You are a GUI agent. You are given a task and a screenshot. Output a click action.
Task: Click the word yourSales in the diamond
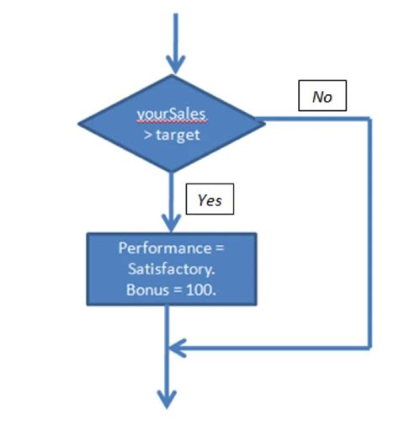172,113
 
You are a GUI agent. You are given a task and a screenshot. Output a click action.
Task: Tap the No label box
322,97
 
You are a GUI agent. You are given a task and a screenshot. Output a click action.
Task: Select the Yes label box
209,199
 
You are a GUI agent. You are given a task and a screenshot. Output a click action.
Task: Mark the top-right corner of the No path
370,119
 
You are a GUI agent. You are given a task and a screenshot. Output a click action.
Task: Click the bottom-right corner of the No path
370,347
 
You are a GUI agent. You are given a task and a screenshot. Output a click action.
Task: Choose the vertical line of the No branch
370,236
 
